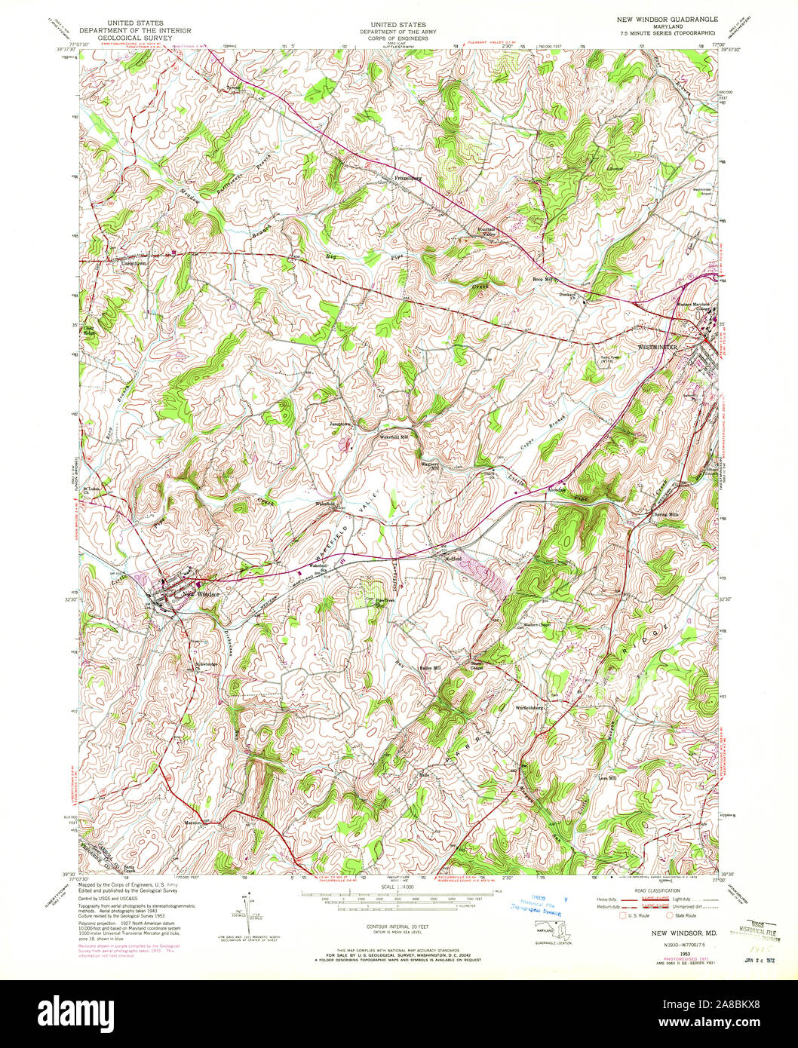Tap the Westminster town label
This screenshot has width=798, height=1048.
pyautogui.click(x=658, y=347)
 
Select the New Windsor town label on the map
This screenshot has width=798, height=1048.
pyautogui.click(x=201, y=593)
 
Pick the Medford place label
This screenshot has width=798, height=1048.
pyautogui.click(x=450, y=558)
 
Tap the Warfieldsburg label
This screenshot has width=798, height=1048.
pyautogui.click(x=530, y=708)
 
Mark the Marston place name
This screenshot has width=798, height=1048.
pyautogui.click(x=194, y=823)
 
